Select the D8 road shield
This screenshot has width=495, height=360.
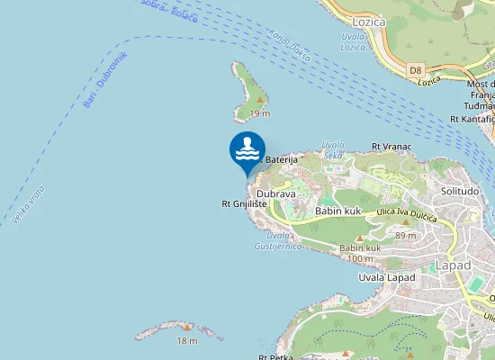(415, 68)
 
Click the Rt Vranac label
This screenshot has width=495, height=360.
(391, 146)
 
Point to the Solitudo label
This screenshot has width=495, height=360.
(459, 191)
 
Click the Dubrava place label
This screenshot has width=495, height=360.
(275, 193)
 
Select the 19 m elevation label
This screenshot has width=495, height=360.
(259, 113)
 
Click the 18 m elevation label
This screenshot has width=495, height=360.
(186, 340)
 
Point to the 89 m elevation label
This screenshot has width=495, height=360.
(406, 236)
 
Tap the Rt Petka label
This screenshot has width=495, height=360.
(275, 356)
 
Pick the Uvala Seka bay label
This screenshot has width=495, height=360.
(334, 148)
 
